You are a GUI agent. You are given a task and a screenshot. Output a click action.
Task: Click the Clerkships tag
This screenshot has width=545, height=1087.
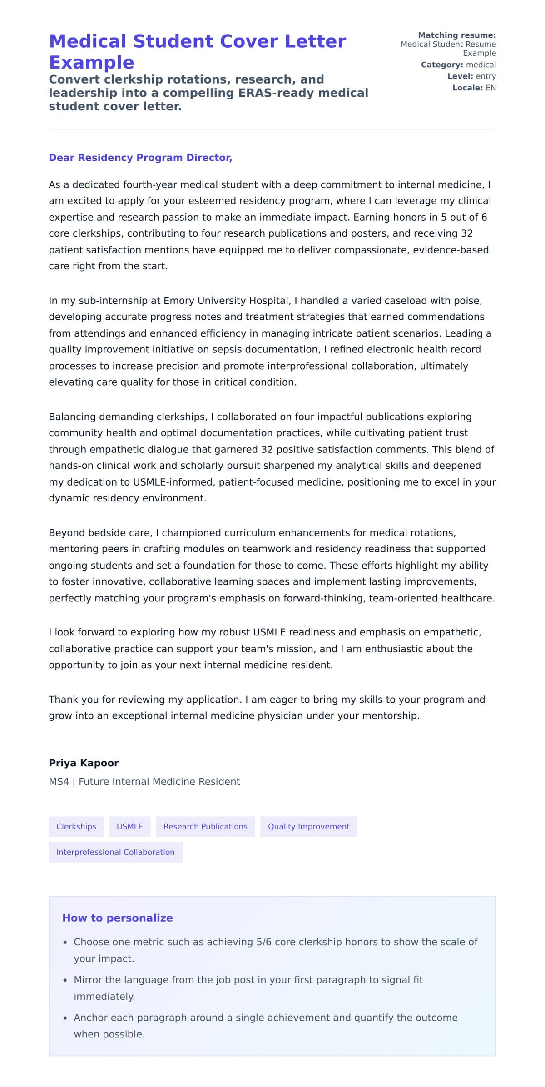tap(76, 826)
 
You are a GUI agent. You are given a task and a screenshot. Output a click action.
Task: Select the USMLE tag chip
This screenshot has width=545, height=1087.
tap(129, 826)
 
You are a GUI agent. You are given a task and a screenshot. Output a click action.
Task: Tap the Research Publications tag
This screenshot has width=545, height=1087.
tap(205, 826)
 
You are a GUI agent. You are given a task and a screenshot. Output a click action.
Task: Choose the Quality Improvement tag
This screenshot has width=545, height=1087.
tap(308, 826)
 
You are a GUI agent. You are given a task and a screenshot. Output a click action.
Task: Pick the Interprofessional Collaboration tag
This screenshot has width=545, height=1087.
tap(115, 852)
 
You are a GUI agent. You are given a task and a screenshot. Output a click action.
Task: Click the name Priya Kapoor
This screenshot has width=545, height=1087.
tap(84, 763)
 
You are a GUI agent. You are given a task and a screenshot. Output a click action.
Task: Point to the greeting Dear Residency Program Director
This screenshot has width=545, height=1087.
tap(140, 158)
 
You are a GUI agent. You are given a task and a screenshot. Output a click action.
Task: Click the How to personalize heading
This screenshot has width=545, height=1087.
tap(117, 918)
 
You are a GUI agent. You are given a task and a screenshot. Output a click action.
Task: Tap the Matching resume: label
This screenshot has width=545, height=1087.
tap(456, 35)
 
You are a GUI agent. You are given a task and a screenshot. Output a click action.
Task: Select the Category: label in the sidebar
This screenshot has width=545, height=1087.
tap(442, 65)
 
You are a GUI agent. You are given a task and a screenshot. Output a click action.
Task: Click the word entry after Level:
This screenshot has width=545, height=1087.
tap(486, 76)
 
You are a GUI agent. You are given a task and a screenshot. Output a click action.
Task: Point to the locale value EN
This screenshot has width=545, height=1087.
tap(490, 88)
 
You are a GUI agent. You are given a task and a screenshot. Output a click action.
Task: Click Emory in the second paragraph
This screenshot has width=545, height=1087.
tap(178, 301)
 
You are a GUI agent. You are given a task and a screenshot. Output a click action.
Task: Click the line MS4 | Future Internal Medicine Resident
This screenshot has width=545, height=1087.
tap(144, 782)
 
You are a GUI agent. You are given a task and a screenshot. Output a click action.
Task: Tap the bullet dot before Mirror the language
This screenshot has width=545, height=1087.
tap(65, 981)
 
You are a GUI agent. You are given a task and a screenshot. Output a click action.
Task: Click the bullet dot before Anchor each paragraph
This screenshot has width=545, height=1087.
tap(65, 1018)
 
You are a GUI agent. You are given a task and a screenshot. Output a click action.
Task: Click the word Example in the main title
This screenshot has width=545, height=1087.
tap(91, 62)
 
